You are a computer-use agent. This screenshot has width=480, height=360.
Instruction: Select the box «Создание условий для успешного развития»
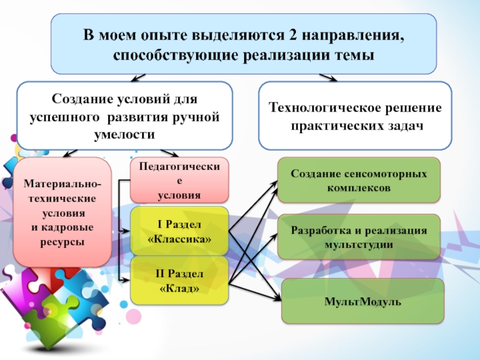(x=124, y=116)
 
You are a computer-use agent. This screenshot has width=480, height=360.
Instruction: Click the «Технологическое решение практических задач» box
(x=355, y=116)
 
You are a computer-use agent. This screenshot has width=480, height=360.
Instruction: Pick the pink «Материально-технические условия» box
(x=62, y=212)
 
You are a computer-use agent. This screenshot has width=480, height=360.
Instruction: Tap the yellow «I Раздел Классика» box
(x=179, y=231)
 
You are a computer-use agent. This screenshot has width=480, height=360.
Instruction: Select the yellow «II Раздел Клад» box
(x=179, y=280)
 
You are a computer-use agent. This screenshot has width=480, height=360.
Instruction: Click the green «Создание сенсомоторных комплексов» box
(x=359, y=180)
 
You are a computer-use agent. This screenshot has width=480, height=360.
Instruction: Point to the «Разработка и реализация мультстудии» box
(x=359, y=237)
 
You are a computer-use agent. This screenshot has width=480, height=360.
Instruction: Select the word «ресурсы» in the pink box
(x=62, y=242)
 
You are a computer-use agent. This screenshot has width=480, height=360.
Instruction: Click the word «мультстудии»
(x=359, y=245)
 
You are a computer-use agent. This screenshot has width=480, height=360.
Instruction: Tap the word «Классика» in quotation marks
(x=179, y=239)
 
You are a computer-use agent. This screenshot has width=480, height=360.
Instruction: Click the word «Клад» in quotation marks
(x=179, y=288)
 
